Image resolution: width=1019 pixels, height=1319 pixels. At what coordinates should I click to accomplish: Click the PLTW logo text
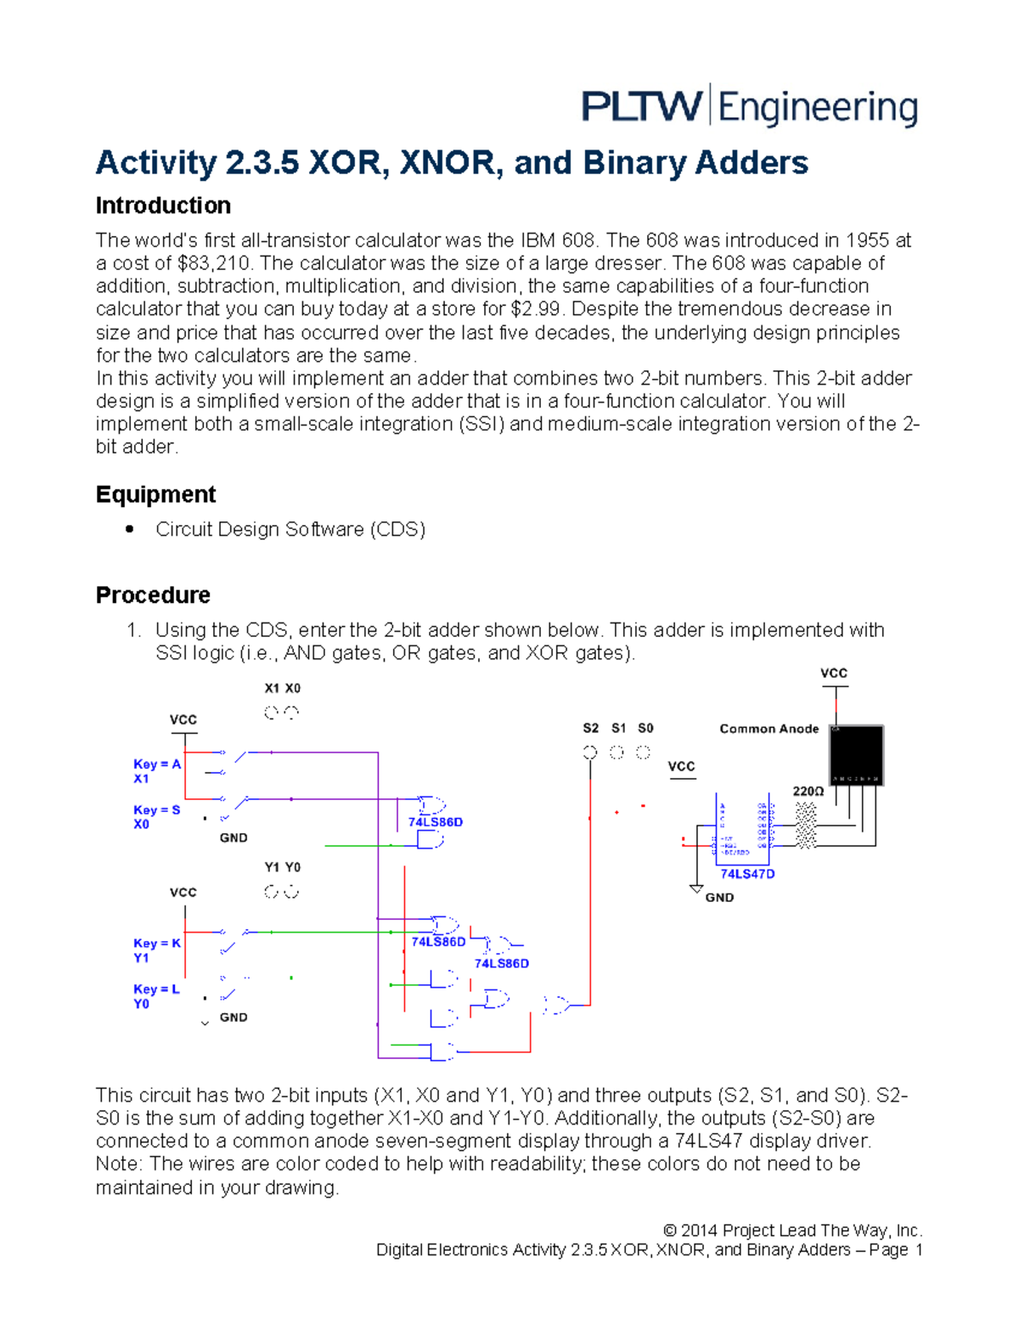pyautogui.click(x=641, y=107)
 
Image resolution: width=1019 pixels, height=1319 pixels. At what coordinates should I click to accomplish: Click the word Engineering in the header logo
pyautogui.click(x=818, y=109)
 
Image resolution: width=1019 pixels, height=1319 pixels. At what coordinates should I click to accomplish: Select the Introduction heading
pyautogui.click(x=163, y=206)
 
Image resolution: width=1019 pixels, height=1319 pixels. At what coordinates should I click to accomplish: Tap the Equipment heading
pyautogui.click(x=155, y=494)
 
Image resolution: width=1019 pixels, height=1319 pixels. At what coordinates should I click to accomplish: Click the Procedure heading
pyautogui.click(x=153, y=595)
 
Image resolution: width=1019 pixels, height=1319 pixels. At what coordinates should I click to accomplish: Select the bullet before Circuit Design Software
pyautogui.click(x=129, y=529)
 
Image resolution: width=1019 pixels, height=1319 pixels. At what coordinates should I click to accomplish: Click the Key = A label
pyautogui.click(x=157, y=764)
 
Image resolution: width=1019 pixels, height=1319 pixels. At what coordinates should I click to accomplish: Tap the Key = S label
pyautogui.click(x=157, y=810)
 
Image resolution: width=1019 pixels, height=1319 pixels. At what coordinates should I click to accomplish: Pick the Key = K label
pyautogui.click(x=157, y=944)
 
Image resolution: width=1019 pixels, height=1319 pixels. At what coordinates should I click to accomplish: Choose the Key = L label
pyautogui.click(x=156, y=989)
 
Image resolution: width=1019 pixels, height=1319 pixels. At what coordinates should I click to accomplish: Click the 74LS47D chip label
pyautogui.click(x=747, y=874)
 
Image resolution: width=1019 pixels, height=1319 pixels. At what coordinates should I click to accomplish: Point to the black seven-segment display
pyautogui.click(x=856, y=755)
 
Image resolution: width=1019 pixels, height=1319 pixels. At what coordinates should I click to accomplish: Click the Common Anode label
pyautogui.click(x=768, y=729)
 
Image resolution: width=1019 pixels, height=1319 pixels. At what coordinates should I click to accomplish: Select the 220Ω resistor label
pyautogui.click(x=808, y=791)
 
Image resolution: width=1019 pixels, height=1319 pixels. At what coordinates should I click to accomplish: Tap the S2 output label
pyautogui.click(x=590, y=728)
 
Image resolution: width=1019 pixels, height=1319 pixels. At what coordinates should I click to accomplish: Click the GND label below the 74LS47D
pyautogui.click(x=719, y=898)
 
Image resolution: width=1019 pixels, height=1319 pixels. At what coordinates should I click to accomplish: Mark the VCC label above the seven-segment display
pyautogui.click(x=833, y=673)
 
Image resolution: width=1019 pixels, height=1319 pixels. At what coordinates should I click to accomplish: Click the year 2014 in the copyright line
pyautogui.click(x=699, y=1231)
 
